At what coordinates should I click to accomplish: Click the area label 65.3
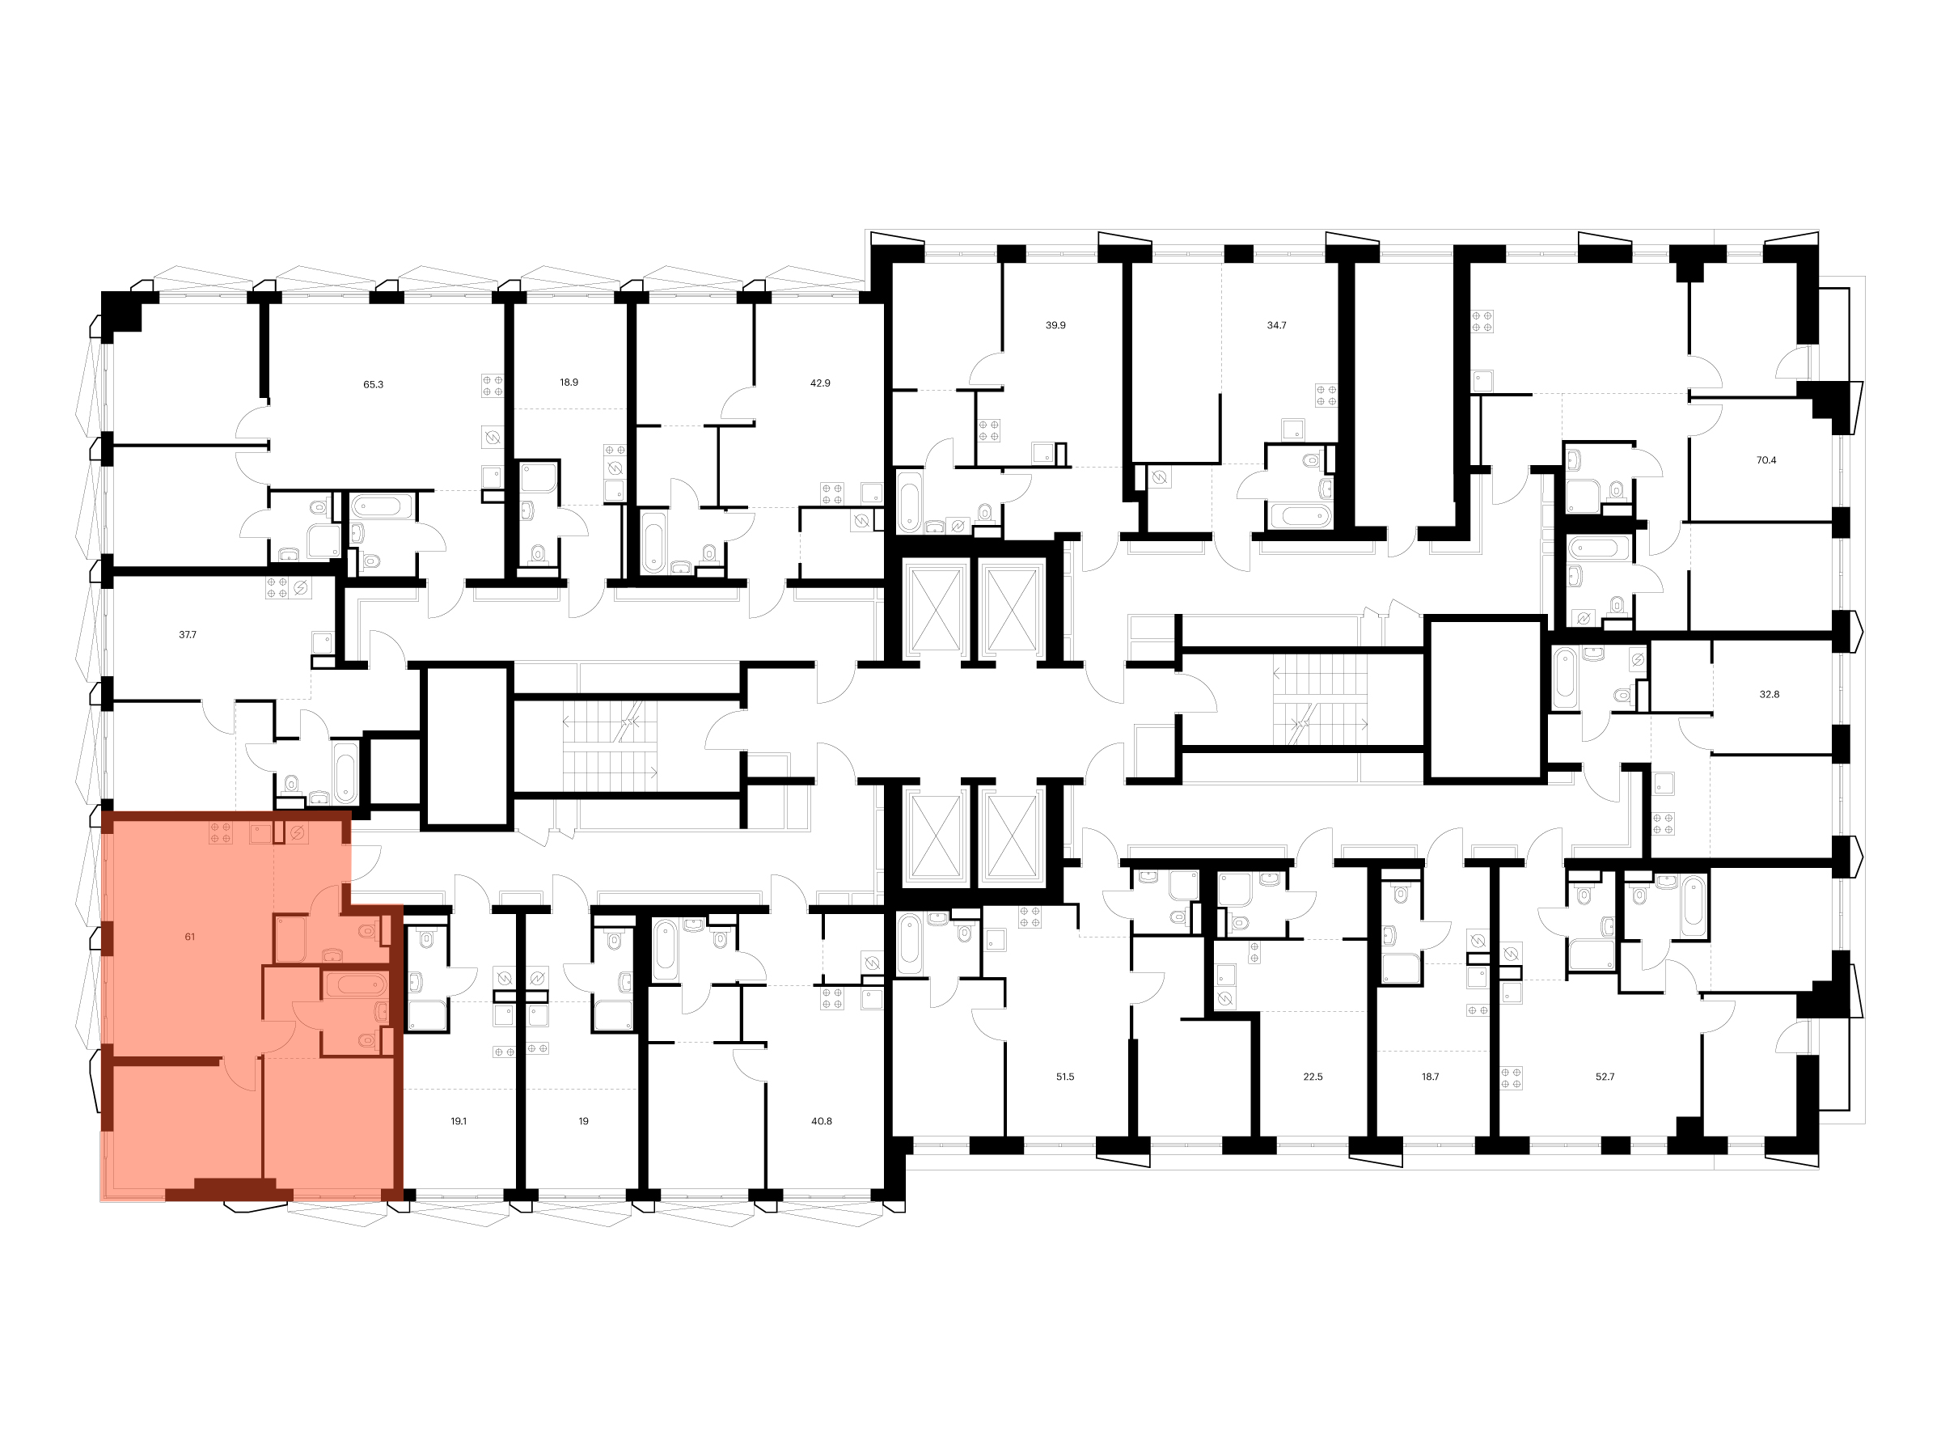(373, 384)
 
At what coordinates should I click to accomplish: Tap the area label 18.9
(569, 383)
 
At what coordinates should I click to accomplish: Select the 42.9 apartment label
(819, 383)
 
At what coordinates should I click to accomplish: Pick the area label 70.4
(1766, 460)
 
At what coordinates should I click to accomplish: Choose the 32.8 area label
(1769, 694)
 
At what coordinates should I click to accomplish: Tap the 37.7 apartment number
(187, 634)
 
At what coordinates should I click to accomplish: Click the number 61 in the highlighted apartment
(189, 938)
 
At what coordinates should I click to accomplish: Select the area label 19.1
(458, 1122)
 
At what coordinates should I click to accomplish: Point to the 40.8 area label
(822, 1122)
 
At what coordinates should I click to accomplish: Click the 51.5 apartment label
(1064, 1077)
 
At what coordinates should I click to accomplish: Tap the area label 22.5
(1312, 1077)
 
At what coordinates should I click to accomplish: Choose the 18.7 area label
(1429, 1077)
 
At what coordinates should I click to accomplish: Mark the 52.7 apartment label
(1604, 1077)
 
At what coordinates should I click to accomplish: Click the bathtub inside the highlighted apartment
(355, 984)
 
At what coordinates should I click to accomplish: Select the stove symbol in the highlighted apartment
(220, 833)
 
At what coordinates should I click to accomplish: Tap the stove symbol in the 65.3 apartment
(493, 386)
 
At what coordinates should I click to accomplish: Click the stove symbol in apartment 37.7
(277, 588)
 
